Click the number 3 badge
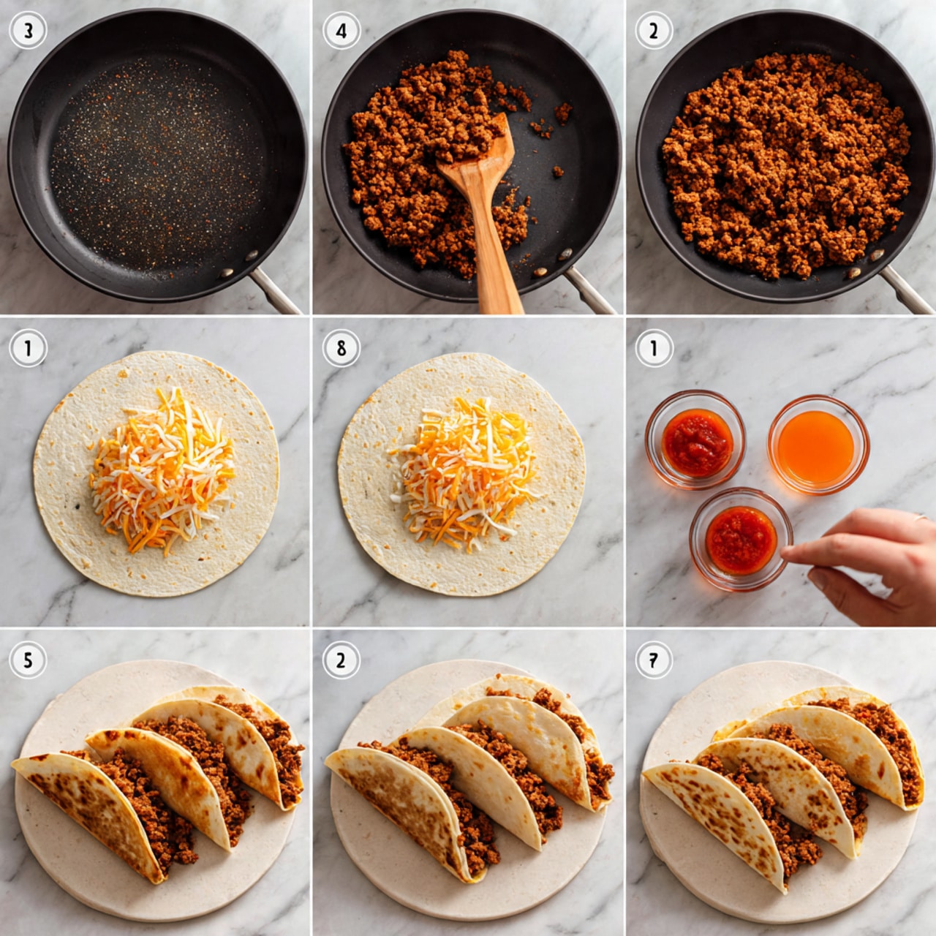[x=28, y=31]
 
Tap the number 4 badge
[x=341, y=31]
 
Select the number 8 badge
[x=341, y=348]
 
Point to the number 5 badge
[x=28, y=660]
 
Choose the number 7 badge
[x=653, y=660]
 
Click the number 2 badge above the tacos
[x=341, y=660]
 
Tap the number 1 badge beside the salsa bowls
[x=653, y=348]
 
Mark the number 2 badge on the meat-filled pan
[x=653, y=31]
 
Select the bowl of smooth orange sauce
[x=817, y=445]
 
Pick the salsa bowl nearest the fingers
[x=740, y=540]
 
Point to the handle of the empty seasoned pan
[x=276, y=290]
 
